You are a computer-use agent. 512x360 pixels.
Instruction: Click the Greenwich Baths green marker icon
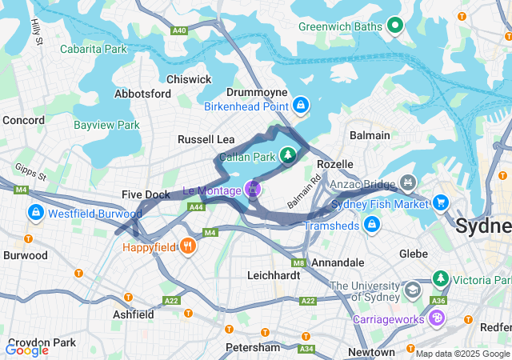click(x=394, y=26)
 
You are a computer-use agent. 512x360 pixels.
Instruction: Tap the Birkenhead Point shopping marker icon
click(x=301, y=104)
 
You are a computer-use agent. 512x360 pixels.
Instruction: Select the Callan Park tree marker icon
click(x=286, y=154)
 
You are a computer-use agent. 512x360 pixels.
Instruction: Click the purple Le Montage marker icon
click(x=253, y=190)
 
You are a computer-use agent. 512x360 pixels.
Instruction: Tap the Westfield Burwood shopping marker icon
click(x=36, y=214)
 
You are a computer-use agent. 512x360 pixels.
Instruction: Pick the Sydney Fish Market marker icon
click(x=440, y=201)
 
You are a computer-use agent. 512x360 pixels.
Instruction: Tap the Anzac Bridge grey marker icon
click(x=408, y=183)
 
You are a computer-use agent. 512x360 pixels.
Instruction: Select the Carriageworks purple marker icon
click(x=436, y=318)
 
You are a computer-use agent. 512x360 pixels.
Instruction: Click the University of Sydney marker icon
click(x=413, y=289)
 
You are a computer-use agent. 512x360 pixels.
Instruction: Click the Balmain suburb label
click(x=370, y=135)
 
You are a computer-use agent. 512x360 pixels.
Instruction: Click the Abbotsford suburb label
click(x=143, y=94)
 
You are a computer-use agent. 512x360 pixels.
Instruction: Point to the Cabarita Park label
click(x=94, y=49)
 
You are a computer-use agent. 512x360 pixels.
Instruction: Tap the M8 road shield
click(x=298, y=262)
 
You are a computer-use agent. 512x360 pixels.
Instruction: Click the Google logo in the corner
click(x=27, y=350)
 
